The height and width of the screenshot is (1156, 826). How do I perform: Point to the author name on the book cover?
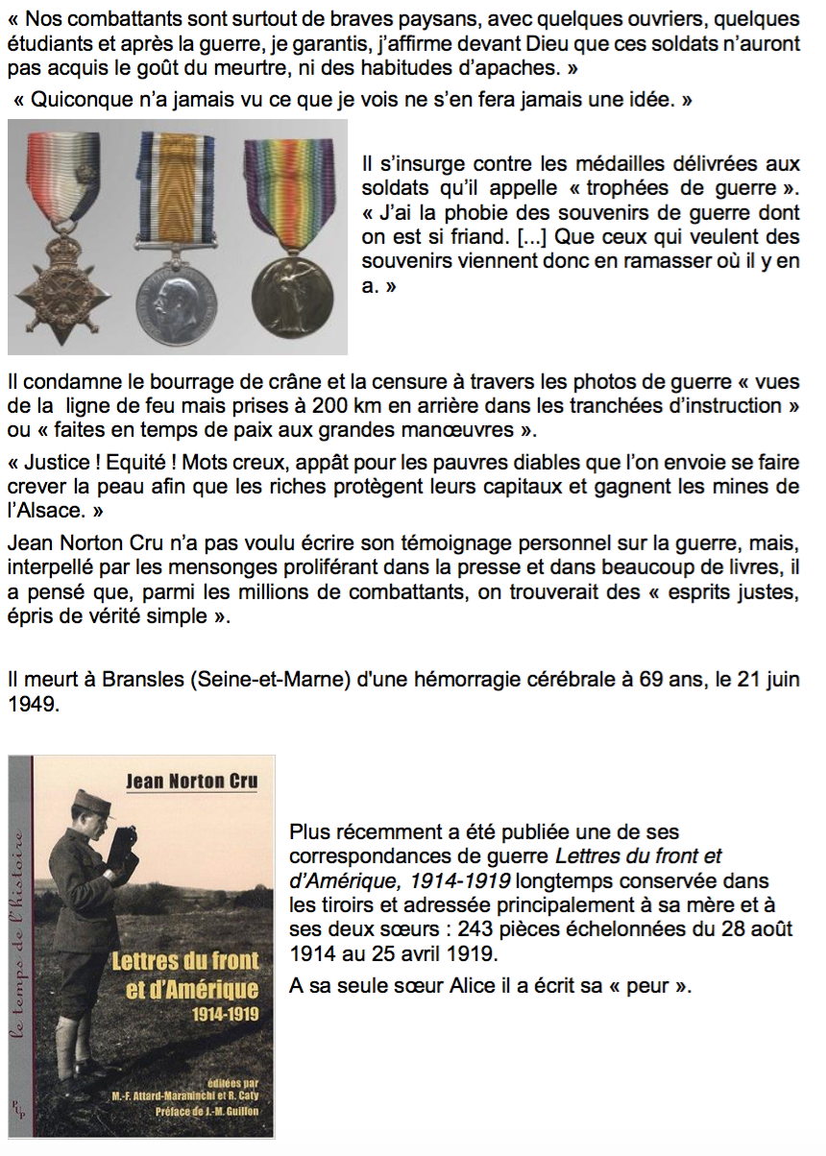tap(192, 781)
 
